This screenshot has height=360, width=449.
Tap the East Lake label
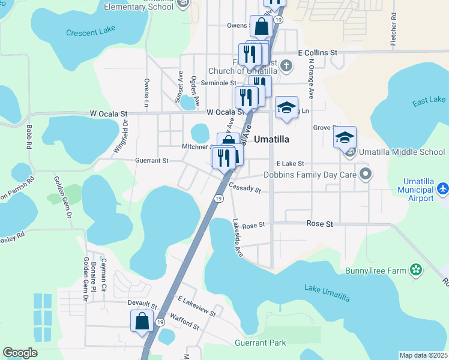(429, 100)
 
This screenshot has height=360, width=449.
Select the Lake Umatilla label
(327, 292)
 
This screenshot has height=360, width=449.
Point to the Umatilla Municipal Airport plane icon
(442, 189)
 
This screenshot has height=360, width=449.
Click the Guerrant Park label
(261, 343)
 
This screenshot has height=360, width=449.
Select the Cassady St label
(246, 189)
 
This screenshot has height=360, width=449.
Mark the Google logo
(20, 353)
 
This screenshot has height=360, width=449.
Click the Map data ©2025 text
(423, 355)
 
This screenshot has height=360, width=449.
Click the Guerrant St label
(152, 161)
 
